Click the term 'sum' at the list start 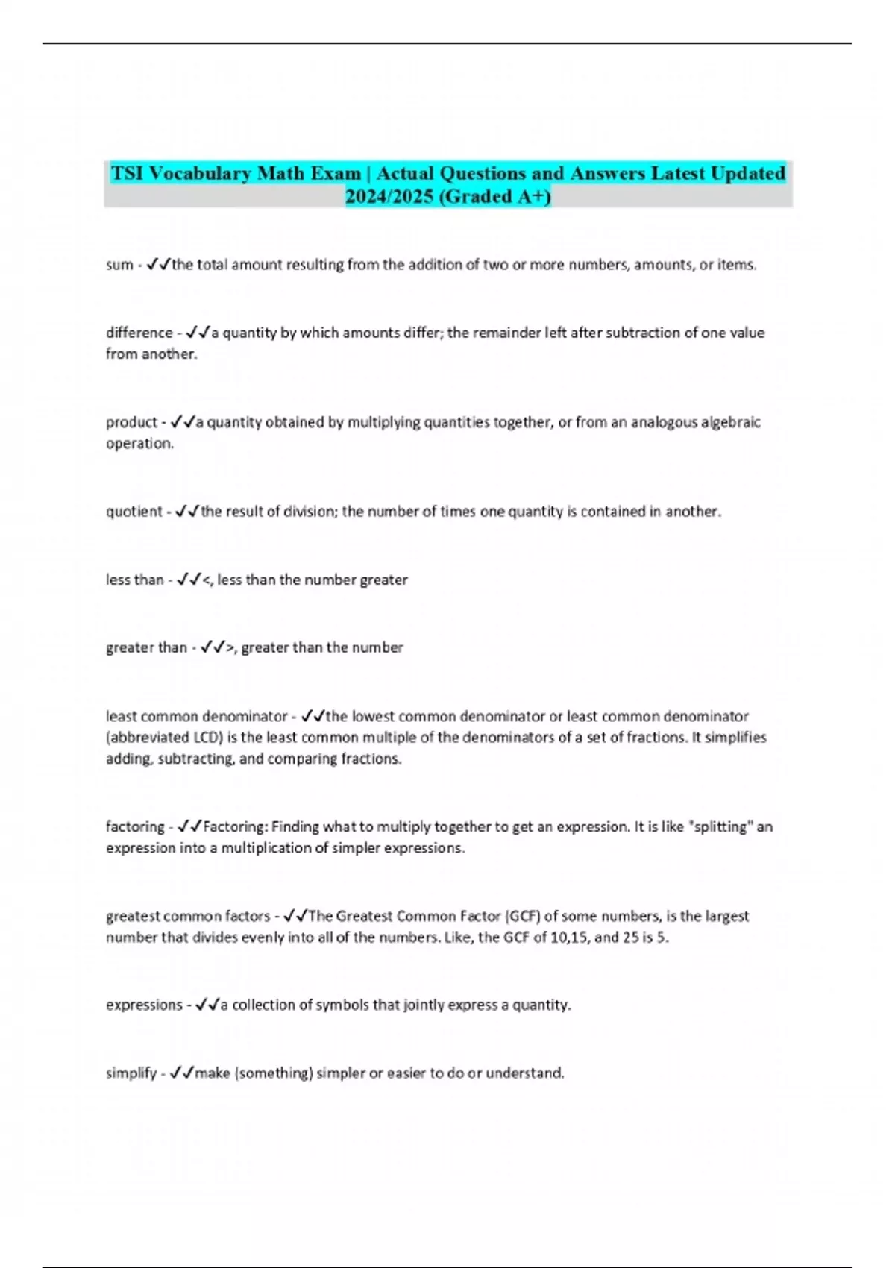tap(119, 265)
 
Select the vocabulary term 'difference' tap(139, 333)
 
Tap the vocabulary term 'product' tap(131, 422)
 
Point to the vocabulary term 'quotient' tap(134, 512)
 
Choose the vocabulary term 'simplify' tap(131, 1073)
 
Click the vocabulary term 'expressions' tap(144, 1005)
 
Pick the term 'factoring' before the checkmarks tap(135, 826)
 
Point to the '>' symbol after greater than tap(230, 648)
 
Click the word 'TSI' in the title tap(128, 174)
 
